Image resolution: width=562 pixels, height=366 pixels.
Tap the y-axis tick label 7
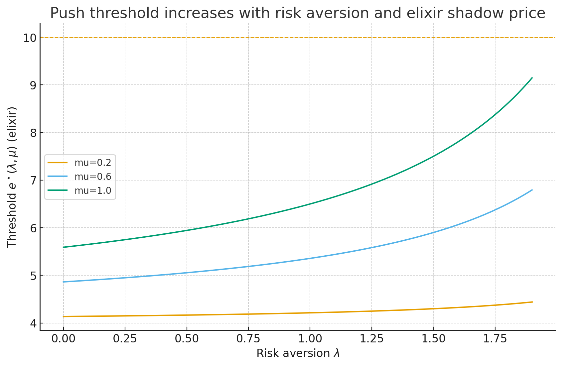(32, 180)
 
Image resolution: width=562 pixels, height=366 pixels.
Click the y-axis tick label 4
(32, 323)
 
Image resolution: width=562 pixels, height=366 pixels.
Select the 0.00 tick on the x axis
(63, 339)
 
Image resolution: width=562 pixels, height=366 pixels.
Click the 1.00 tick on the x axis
(310, 339)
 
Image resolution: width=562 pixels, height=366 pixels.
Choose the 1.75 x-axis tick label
(495, 339)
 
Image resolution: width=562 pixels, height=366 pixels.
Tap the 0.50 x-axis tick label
(187, 339)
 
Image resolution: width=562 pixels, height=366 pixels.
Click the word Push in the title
(68, 13)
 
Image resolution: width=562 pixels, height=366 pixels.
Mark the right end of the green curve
(532, 78)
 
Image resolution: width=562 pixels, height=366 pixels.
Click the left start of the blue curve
(64, 282)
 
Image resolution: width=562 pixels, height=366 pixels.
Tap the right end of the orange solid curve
(532, 302)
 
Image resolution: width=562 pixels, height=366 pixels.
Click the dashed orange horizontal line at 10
(299, 38)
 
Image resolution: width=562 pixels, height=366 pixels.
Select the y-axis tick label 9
(32, 85)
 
